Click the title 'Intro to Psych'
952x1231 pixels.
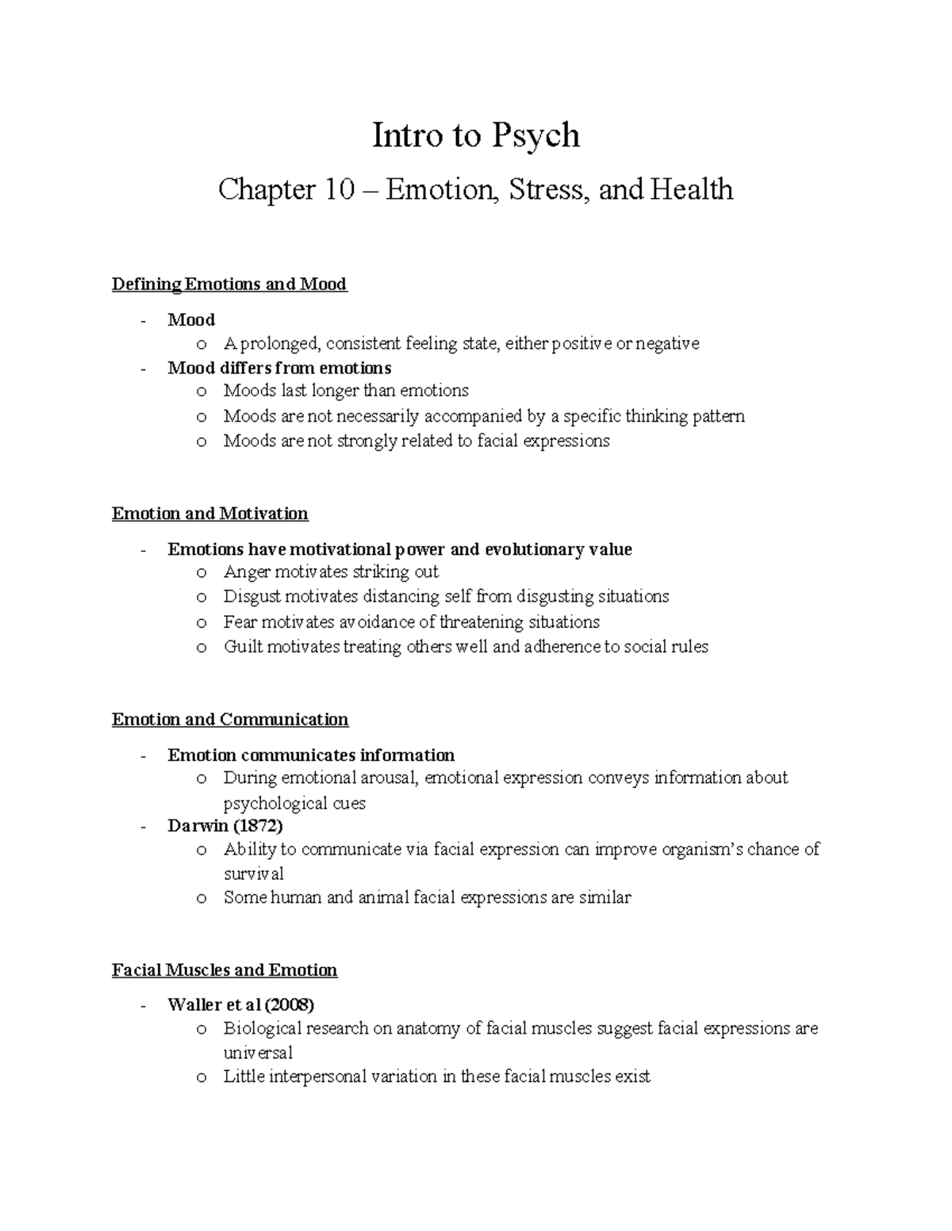(476, 136)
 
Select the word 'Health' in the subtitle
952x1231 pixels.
(691, 190)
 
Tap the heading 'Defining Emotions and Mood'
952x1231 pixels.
(229, 284)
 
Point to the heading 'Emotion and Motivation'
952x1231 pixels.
(209, 514)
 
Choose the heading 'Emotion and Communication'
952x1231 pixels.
(230, 720)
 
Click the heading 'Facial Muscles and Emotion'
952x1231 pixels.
(225, 970)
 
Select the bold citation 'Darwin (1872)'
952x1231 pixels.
(225, 826)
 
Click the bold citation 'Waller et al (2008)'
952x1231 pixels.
(240, 1005)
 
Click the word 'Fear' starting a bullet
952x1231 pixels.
(240, 621)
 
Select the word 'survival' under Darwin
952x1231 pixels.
(253, 874)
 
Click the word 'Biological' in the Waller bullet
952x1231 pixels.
(260, 1029)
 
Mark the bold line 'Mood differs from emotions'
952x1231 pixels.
(279, 368)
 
